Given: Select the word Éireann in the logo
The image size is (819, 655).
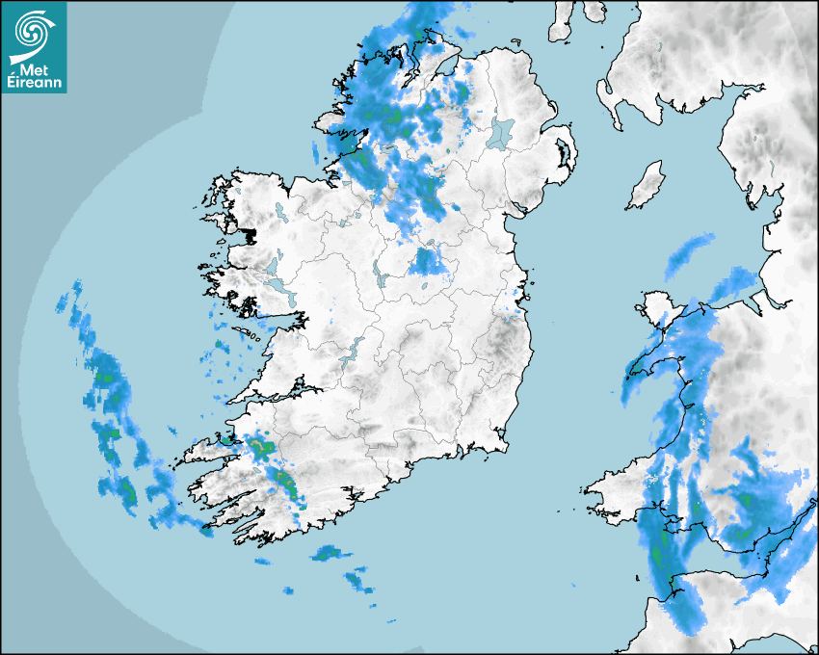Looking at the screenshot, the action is click(36, 83).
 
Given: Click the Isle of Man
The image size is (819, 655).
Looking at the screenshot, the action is click(646, 186).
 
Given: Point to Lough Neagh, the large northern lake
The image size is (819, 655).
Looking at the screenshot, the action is click(500, 132).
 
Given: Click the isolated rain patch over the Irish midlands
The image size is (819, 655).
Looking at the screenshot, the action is click(426, 262).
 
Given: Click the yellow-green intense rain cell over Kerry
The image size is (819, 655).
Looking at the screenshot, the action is click(260, 447).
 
